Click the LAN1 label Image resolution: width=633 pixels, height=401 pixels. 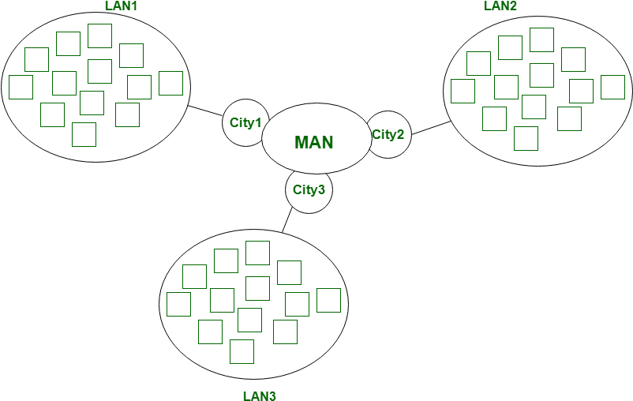coord(122,6)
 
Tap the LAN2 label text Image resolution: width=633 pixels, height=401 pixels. coord(500,6)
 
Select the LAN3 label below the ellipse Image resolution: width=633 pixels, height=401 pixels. coord(260,396)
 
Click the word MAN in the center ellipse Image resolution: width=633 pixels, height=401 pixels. coord(314,143)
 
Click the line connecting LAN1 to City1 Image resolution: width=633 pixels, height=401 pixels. coord(205,111)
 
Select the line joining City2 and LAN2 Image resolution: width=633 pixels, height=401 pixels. coord(431,128)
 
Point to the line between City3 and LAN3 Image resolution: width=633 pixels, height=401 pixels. coord(287,219)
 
